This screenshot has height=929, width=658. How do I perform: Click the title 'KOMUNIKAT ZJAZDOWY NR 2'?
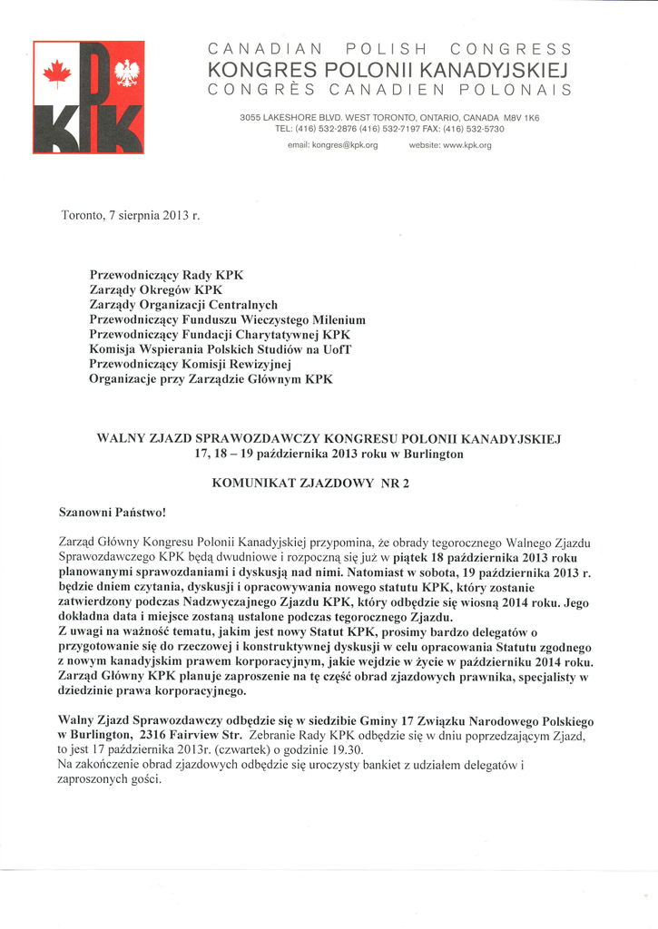(310, 484)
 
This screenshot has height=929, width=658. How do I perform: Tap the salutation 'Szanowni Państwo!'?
(113, 513)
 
